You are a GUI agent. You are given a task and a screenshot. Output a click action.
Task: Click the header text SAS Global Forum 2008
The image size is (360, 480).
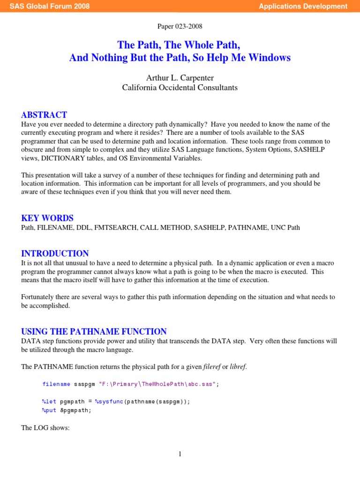click(50, 6)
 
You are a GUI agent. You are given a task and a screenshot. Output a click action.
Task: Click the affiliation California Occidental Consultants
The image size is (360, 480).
click(180, 87)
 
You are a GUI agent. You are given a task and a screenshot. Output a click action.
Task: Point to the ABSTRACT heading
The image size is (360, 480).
click(44, 115)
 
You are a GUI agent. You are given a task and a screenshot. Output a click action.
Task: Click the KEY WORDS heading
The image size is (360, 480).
click(47, 218)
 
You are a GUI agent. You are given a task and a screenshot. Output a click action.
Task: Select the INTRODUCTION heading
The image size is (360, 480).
click(55, 254)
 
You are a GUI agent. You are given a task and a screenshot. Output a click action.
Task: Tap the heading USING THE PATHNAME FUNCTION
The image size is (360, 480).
click(94, 331)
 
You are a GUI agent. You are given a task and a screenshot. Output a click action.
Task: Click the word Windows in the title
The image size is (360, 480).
click(270, 58)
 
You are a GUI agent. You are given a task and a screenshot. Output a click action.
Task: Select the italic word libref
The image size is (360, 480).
click(238, 366)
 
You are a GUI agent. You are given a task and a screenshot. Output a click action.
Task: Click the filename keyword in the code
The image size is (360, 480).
click(56, 384)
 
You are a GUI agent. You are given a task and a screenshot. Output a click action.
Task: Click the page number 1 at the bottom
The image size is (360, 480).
click(180, 454)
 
